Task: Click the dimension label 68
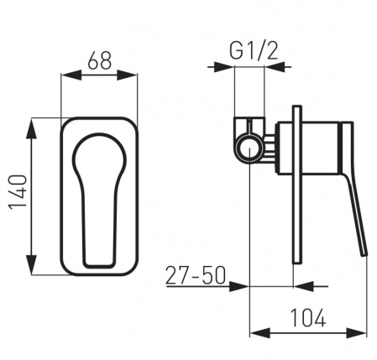(x=100, y=60)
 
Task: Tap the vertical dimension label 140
(x=18, y=192)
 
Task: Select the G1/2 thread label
(x=254, y=50)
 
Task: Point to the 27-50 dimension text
(x=196, y=275)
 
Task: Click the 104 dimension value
(x=308, y=318)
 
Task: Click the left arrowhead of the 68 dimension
(x=71, y=75)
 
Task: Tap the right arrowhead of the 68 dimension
(x=128, y=75)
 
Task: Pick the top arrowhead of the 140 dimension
(x=32, y=128)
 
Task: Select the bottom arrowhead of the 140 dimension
(x=32, y=264)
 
